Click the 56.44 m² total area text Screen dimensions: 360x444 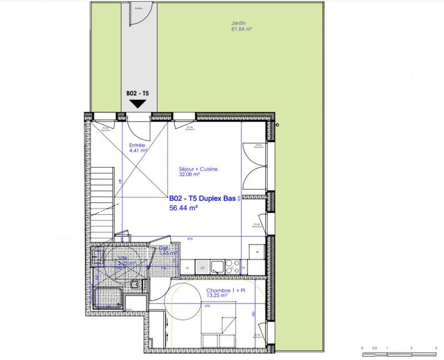184,209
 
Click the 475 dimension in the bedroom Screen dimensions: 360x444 207,305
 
